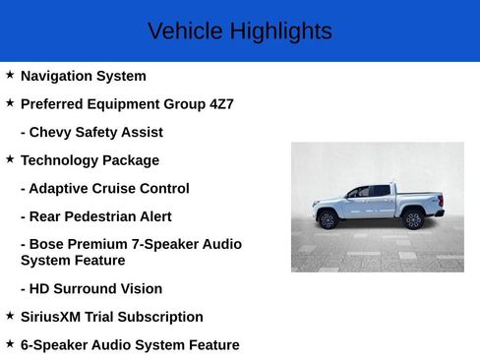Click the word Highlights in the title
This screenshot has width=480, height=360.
281,31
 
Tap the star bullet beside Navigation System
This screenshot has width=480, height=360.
10,75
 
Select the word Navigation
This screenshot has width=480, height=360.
57,76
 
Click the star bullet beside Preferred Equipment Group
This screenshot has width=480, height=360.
10,102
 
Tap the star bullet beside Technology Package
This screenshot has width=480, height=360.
10,158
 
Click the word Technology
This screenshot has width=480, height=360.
59,160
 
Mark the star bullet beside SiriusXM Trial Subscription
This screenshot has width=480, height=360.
10,316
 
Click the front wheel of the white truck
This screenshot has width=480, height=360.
328,219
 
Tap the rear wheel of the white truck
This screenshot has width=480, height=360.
413,219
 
